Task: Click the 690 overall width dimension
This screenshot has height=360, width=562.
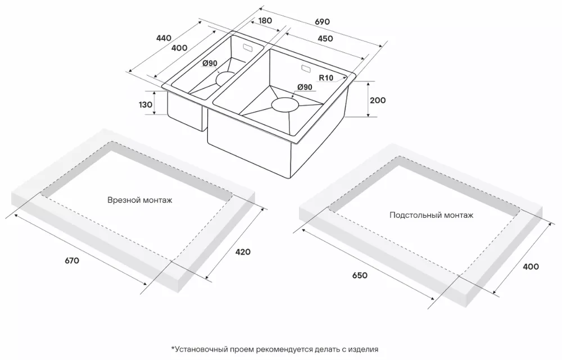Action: pyautogui.click(x=322, y=21)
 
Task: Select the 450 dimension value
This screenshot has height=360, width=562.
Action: pyautogui.click(x=325, y=39)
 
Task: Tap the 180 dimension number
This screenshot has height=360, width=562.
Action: pyautogui.click(x=265, y=21)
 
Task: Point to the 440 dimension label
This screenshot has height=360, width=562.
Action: pyautogui.click(x=163, y=38)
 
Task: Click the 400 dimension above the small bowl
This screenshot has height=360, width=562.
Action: pyautogui.click(x=179, y=48)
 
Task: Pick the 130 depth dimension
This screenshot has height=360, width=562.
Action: pyautogui.click(x=145, y=104)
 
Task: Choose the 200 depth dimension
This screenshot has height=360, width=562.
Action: pyautogui.click(x=378, y=100)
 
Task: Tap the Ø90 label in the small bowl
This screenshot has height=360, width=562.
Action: pyautogui.click(x=210, y=63)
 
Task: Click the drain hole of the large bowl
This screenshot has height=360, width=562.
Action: pyautogui.click(x=286, y=104)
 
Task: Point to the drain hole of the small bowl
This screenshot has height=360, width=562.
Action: pyautogui.click(x=226, y=78)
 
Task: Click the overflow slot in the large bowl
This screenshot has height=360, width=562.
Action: pyautogui.click(x=306, y=69)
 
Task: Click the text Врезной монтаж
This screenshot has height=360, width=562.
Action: pyautogui.click(x=139, y=200)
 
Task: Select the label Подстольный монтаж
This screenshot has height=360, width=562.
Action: pyautogui.click(x=431, y=215)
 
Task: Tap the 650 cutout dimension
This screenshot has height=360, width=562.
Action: pyautogui.click(x=359, y=275)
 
